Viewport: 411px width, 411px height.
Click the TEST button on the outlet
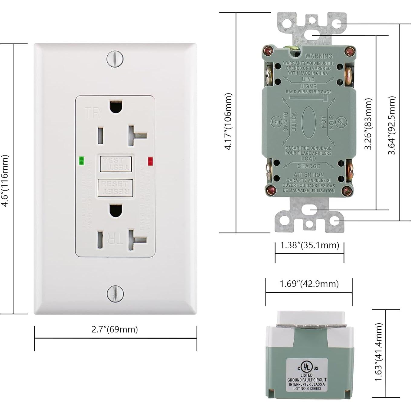coord(116,164)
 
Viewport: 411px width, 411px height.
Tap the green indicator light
coord(81,160)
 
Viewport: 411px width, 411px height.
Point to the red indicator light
coord(150,161)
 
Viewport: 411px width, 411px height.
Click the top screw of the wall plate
coord(115,59)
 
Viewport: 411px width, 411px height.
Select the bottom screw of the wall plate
coord(115,293)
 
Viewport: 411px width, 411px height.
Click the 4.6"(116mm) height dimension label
coord(5,181)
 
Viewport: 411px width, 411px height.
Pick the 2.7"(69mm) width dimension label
coord(115,329)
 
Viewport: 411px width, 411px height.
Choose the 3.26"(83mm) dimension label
coord(368,124)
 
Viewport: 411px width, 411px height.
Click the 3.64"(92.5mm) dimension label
coord(392,125)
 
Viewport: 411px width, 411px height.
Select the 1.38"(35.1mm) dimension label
coord(310,245)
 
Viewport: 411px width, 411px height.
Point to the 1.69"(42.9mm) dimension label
coord(309,284)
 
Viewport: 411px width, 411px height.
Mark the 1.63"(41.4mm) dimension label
coord(379,352)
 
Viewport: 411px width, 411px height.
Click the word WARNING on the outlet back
coord(318,56)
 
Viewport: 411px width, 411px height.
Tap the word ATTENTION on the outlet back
coord(309,175)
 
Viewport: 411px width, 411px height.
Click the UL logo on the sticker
coord(307,367)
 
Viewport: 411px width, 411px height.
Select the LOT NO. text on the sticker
coord(307,388)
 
